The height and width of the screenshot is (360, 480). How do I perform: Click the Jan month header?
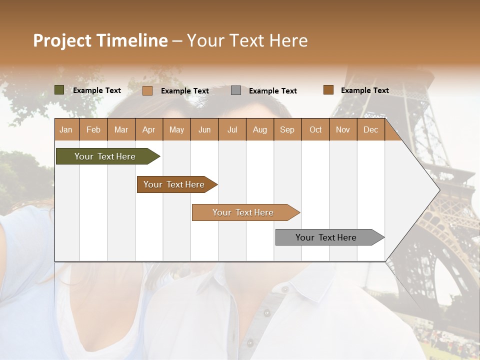(x=66, y=129)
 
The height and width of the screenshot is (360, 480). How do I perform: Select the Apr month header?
(x=148, y=129)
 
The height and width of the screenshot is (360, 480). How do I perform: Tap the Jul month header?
(x=232, y=129)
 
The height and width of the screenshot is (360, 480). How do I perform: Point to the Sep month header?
(x=287, y=129)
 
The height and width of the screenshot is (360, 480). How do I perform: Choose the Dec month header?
(x=370, y=129)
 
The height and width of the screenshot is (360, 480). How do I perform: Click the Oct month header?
(x=315, y=129)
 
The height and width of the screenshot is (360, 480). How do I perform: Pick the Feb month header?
(x=93, y=129)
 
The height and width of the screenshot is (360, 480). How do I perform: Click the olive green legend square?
(x=59, y=90)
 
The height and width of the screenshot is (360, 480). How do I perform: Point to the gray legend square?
(x=236, y=90)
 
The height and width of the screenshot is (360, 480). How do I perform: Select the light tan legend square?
(x=147, y=90)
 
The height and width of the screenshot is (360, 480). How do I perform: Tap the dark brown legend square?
(x=328, y=90)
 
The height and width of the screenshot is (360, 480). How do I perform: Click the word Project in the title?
(x=62, y=40)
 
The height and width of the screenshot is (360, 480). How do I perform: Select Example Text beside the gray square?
(x=272, y=90)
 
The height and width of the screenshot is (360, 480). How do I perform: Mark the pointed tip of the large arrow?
(x=439, y=190)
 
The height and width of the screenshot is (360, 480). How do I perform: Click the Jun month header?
(x=204, y=129)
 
